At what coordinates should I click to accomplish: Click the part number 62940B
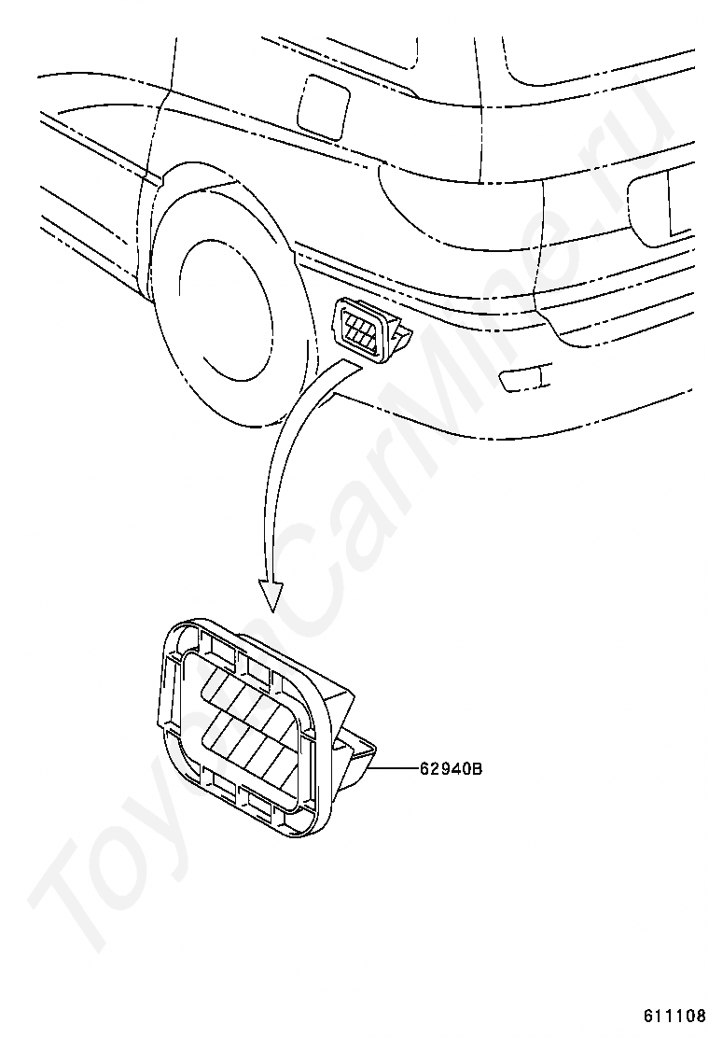[x=451, y=769]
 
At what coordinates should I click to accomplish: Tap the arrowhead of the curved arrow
[x=271, y=592]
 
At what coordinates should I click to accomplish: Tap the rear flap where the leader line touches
[x=364, y=761]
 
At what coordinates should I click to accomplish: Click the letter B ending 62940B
[x=476, y=769]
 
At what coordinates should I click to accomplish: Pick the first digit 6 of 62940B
[x=425, y=769]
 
